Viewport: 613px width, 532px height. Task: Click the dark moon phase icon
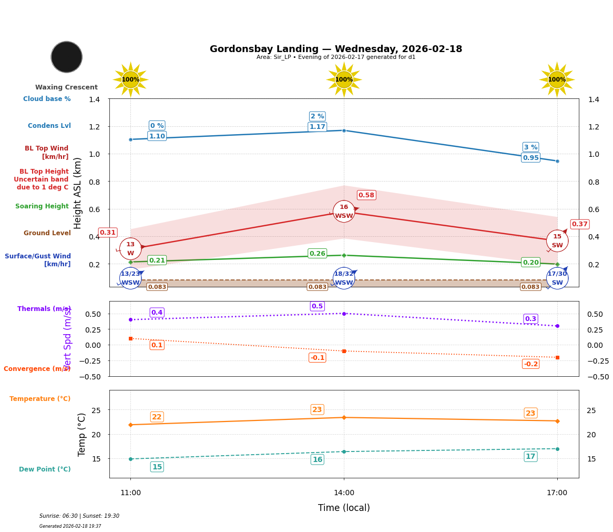[67, 57]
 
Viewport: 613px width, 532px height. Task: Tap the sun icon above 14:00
[344, 79]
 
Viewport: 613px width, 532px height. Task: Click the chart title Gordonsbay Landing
[335, 49]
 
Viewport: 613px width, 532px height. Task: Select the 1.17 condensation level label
[317, 127]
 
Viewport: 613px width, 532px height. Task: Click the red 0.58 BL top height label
[366, 195]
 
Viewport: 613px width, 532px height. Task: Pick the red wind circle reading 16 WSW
[344, 212]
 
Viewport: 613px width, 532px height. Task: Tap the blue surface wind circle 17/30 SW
[557, 278]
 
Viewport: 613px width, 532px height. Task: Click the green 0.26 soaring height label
[317, 254]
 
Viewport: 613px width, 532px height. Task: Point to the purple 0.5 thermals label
[317, 306]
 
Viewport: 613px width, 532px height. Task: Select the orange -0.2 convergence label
[530, 364]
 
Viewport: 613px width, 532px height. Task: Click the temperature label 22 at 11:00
[157, 417]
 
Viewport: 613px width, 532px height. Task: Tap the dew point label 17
[530, 457]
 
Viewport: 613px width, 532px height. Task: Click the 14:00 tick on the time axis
[344, 493]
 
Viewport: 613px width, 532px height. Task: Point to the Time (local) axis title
[344, 508]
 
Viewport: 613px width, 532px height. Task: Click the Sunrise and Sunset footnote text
[79, 516]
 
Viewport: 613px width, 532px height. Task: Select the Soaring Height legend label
[42, 206]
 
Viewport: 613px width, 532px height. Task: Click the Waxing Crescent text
[66, 87]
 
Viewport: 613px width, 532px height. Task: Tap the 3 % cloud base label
[530, 147]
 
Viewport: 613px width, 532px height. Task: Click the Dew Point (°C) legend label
[45, 469]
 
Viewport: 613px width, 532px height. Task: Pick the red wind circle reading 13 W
[130, 249]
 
